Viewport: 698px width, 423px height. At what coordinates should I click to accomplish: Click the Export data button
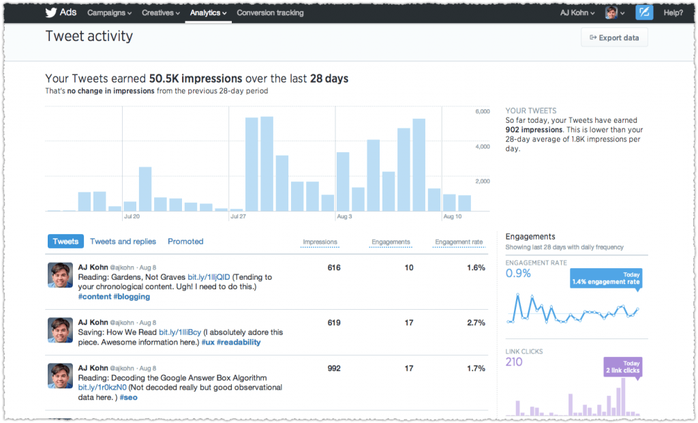(x=614, y=38)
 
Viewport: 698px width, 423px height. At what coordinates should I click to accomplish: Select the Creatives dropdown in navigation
(x=161, y=13)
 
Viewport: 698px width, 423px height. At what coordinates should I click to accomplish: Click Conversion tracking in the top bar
(x=270, y=13)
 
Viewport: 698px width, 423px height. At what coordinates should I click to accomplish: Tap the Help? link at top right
(x=673, y=13)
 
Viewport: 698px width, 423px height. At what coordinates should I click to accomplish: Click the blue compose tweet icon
(x=644, y=13)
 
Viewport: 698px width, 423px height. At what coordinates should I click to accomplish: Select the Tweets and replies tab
(x=123, y=242)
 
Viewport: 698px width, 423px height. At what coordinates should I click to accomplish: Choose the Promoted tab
(x=185, y=242)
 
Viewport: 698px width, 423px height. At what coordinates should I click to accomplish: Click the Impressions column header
(x=320, y=242)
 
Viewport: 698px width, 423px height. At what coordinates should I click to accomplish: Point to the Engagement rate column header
(x=459, y=242)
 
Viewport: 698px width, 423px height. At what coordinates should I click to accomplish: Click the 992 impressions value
(x=333, y=368)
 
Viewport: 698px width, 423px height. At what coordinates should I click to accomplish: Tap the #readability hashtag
(x=239, y=342)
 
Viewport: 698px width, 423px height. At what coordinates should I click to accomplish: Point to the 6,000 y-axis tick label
(x=482, y=111)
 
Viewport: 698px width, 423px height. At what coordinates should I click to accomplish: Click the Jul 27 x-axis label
(x=239, y=217)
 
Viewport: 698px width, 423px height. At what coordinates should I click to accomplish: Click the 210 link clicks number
(x=514, y=362)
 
